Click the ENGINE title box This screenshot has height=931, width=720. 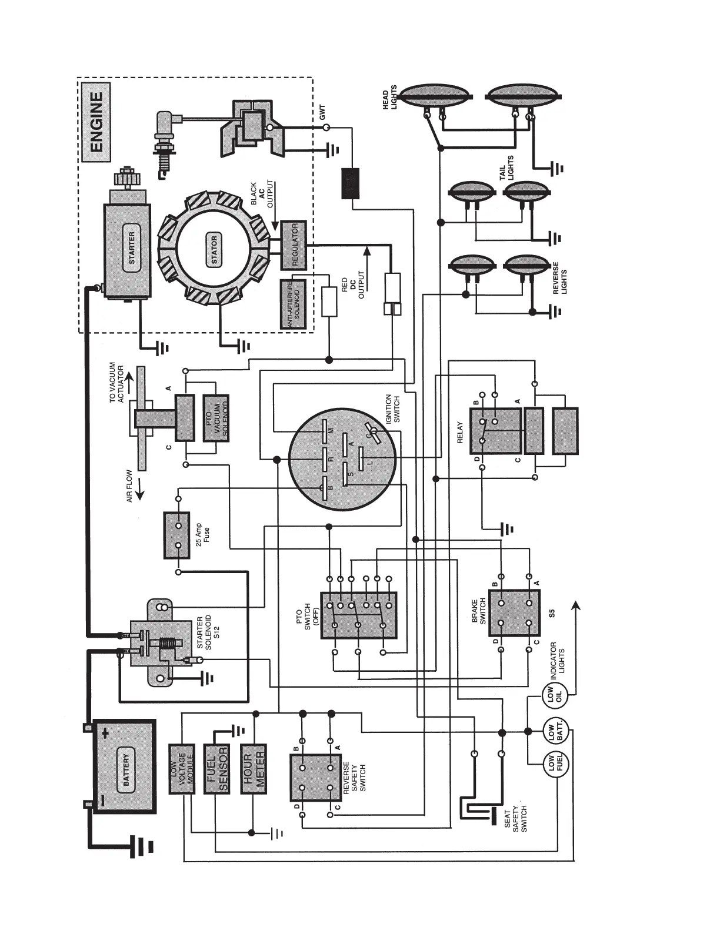coord(95,122)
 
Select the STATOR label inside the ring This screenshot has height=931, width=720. coord(214,249)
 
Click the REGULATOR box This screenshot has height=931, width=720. coord(294,244)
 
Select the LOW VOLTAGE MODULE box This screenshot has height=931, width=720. coord(181,769)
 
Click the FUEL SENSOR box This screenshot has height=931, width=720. coord(216,769)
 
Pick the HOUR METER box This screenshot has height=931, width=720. coord(254,769)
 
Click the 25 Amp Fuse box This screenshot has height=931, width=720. coord(178,535)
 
